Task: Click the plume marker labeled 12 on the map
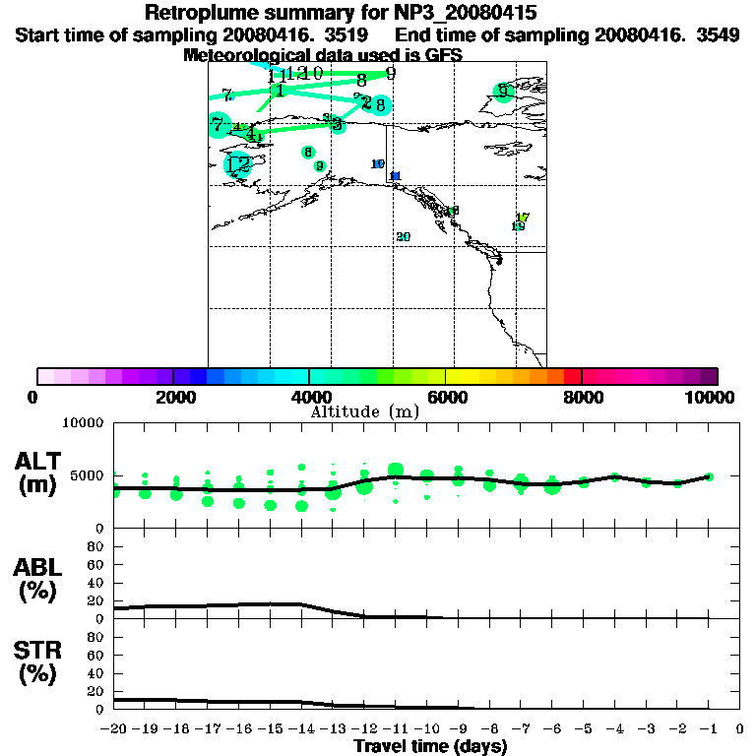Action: (x=237, y=165)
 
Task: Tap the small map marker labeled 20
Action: (x=403, y=237)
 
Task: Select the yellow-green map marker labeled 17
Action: (x=523, y=218)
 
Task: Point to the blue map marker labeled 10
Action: (x=377, y=164)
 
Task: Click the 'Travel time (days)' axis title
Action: (x=430, y=747)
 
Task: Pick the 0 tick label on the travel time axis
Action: (x=740, y=729)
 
